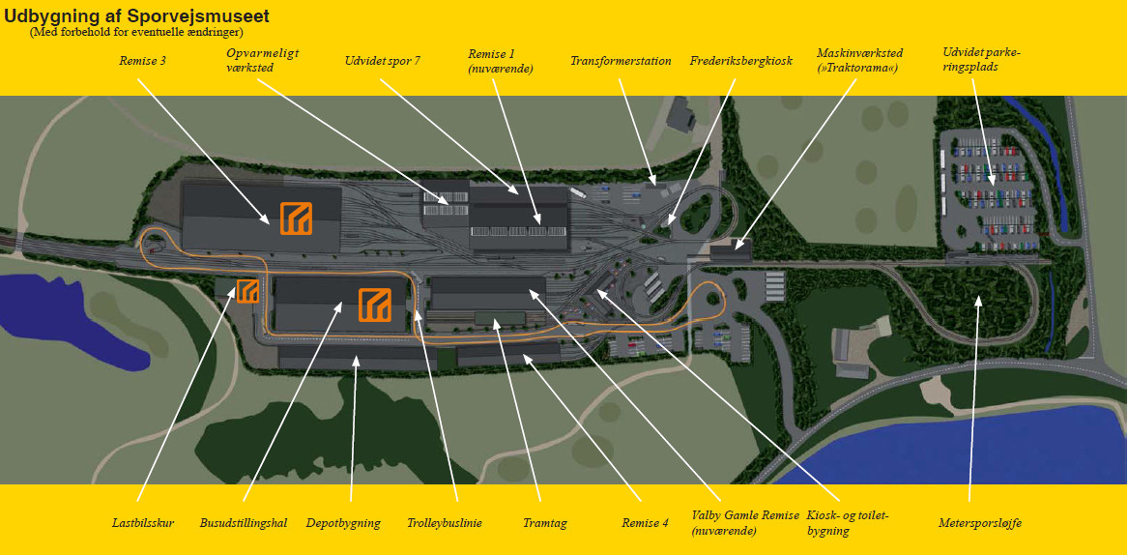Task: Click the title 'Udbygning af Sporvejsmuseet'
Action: pyautogui.click(x=136, y=16)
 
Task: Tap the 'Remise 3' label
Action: pyautogui.click(x=143, y=61)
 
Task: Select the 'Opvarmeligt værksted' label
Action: pyautogui.click(x=249, y=61)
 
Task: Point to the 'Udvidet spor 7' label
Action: pyautogui.click(x=382, y=61)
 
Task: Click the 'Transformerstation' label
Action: pyautogui.click(x=621, y=61)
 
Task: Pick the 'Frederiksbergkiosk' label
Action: pyautogui.click(x=740, y=61)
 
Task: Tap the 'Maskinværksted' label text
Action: pyautogui.click(x=859, y=53)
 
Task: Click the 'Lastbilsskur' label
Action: pyautogui.click(x=143, y=523)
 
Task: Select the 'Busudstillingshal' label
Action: pyautogui.click(x=244, y=523)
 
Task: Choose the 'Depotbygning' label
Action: pyautogui.click(x=344, y=523)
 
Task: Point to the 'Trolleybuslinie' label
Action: pyautogui.click(x=445, y=523)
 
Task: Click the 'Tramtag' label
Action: pyautogui.click(x=545, y=523)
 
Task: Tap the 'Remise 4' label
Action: pyautogui.click(x=645, y=523)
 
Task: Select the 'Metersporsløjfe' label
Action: pyautogui.click(x=979, y=523)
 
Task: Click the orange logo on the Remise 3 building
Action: pyautogui.click(x=296, y=219)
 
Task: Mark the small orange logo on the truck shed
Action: pyautogui.click(x=247, y=290)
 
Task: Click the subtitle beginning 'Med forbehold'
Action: pyautogui.click(x=136, y=32)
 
